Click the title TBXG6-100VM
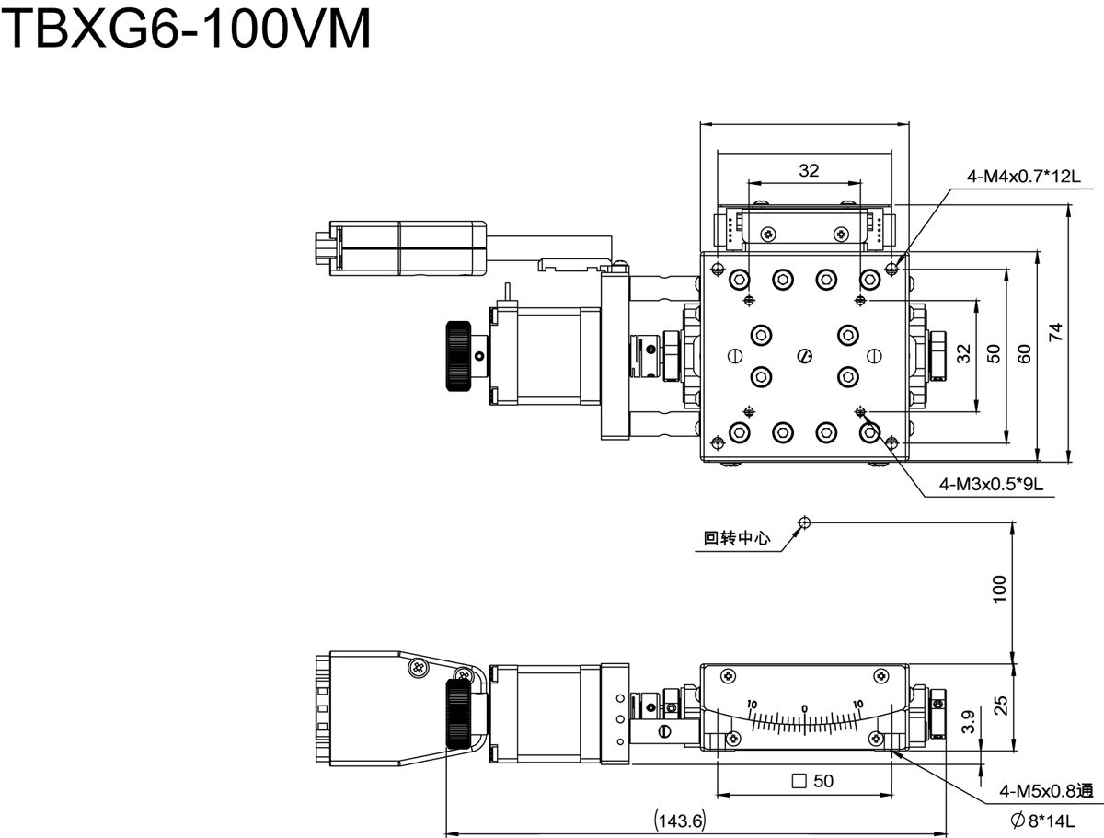click(x=187, y=29)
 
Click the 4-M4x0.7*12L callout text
click(x=1024, y=177)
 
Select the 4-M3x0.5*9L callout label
click(x=992, y=484)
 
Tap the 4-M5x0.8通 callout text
click(x=1046, y=791)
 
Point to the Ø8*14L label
click(x=1042, y=821)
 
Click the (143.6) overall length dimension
click(x=680, y=821)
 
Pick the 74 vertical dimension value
click(x=1055, y=332)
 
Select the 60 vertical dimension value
click(x=1024, y=354)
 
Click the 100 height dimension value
click(x=999, y=589)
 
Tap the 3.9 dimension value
click(x=968, y=722)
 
